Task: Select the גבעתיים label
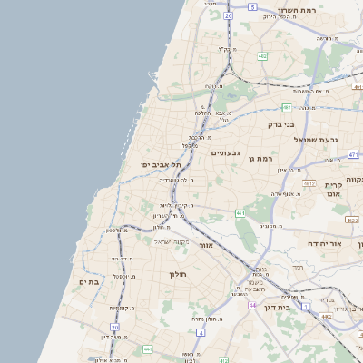pos(225,152)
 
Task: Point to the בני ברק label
pos(280,123)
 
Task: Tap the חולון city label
pos(176,273)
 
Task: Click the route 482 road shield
pos(261,56)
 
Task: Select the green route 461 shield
pos(240,213)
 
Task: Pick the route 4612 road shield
pos(309,183)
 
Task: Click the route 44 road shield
pos(252,305)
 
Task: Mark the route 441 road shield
pos(147,348)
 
